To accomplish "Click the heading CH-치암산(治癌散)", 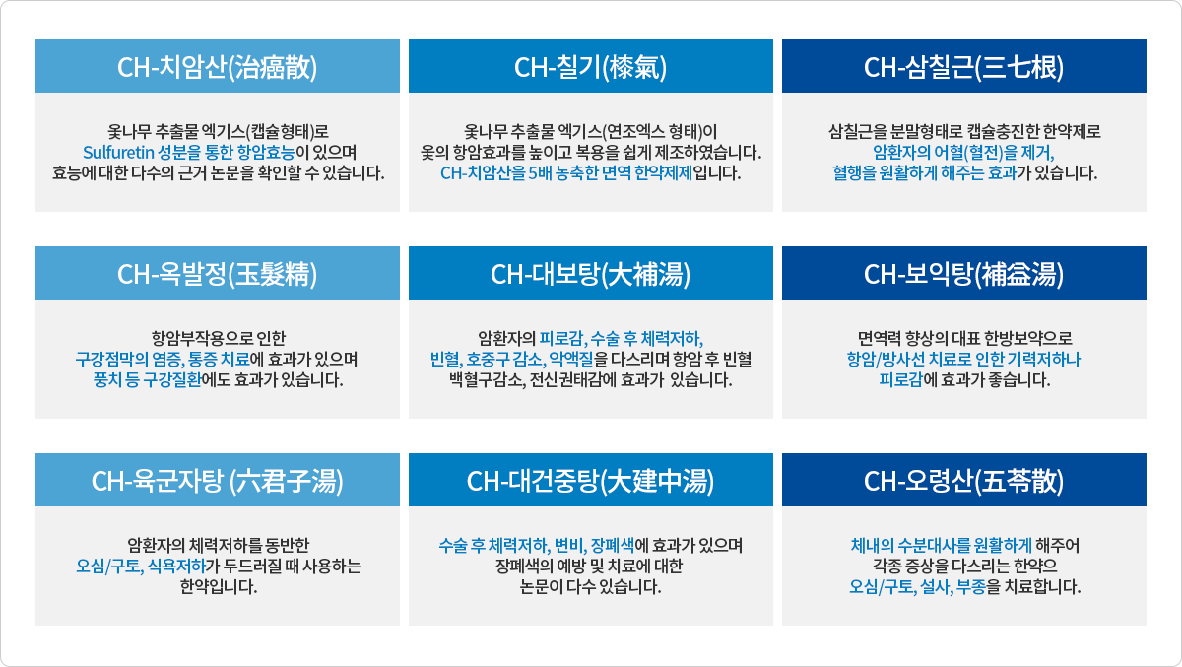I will tap(217, 67).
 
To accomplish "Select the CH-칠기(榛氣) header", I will tap(591, 67).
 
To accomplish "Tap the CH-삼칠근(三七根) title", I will tap(963, 67).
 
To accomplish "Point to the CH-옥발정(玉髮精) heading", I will tap(217, 274).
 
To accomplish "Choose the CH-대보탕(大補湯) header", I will tap(591, 274).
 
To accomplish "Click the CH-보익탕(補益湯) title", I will tap(963, 274).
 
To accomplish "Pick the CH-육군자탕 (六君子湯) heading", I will tap(217, 481).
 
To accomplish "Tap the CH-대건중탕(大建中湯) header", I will tap(591, 481).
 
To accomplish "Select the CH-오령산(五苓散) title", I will tap(963, 481).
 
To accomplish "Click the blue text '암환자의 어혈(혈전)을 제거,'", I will tap(963, 152).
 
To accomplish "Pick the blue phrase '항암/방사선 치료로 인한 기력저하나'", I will tap(963, 359).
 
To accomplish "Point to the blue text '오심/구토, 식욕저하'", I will tap(141, 566).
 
